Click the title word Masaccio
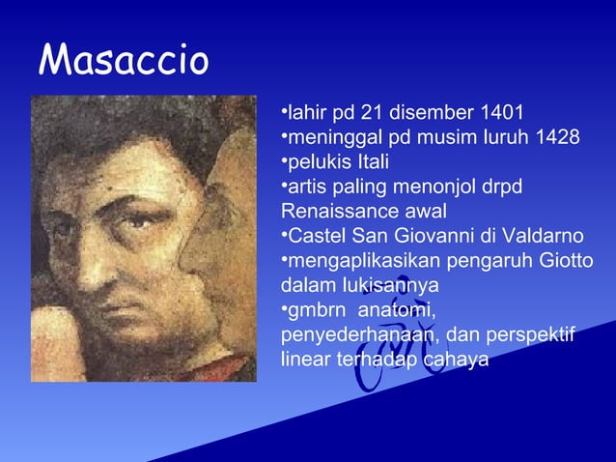coord(124,62)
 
